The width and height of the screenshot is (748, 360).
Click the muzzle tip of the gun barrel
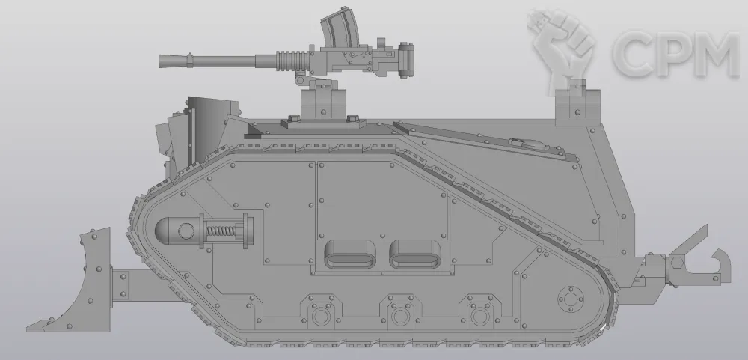click(x=160, y=61)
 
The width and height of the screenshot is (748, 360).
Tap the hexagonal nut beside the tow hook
click(x=676, y=263)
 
